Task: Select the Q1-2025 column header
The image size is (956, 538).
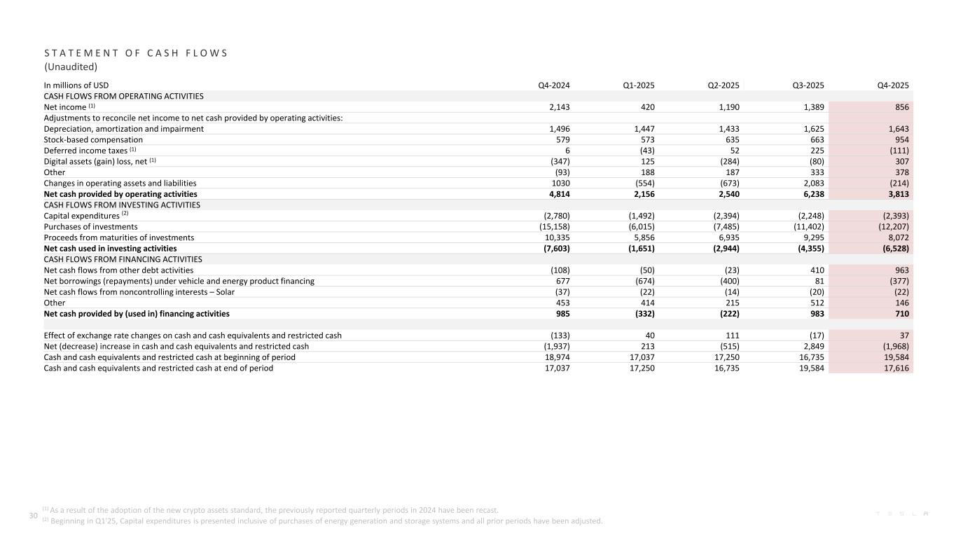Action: point(639,85)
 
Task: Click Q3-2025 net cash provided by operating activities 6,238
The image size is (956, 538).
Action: point(810,194)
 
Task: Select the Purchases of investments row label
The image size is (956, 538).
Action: point(91,227)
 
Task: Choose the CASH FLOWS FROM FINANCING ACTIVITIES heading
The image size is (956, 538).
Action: point(123,259)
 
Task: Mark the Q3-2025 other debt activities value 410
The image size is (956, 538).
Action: point(817,270)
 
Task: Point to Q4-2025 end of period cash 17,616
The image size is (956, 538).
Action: point(895,368)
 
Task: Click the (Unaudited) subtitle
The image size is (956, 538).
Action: point(71,67)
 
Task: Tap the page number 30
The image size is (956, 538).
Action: point(32,516)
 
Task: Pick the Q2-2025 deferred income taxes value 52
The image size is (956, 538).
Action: point(733,151)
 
